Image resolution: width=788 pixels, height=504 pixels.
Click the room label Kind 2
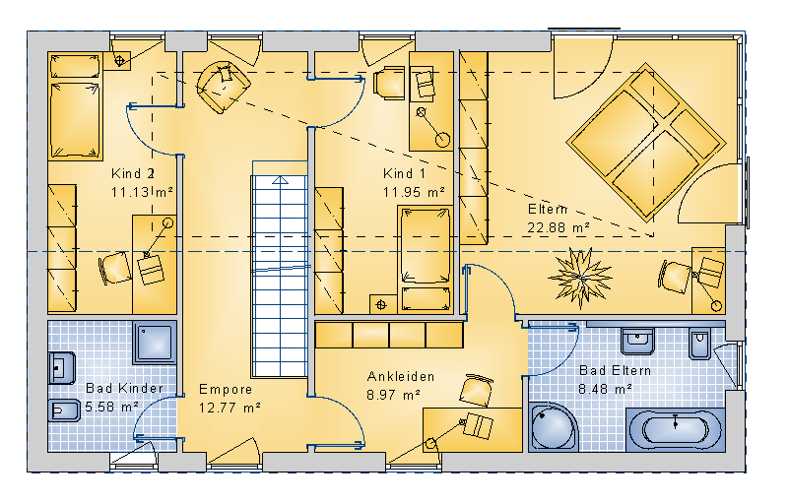[133, 173]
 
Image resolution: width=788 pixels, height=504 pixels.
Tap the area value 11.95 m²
[414, 192]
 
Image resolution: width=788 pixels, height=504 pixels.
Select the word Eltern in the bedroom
[548, 209]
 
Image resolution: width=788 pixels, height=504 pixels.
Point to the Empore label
[226, 389]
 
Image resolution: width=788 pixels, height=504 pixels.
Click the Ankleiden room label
[401, 376]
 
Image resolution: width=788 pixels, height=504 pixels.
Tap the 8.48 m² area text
[605, 389]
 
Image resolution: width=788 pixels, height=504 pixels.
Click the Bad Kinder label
[125, 388]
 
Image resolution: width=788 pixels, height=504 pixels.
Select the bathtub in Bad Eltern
[675, 430]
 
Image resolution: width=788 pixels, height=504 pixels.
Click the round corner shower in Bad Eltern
[553, 427]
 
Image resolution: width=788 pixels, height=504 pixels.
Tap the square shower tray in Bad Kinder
[155, 343]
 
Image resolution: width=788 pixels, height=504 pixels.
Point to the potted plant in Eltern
[580, 277]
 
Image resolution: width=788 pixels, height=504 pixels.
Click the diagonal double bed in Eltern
[646, 142]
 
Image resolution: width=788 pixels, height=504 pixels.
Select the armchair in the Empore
[223, 87]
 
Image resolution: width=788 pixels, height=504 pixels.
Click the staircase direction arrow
[280, 180]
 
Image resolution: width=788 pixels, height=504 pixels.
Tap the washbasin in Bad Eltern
[637, 341]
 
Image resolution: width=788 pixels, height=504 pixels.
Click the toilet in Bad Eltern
[699, 343]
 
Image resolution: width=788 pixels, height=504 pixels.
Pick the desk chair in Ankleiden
[476, 390]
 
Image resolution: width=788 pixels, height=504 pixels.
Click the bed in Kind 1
[426, 259]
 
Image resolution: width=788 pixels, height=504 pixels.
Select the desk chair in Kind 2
[115, 268]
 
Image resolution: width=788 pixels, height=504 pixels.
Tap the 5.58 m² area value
[111, 407]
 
